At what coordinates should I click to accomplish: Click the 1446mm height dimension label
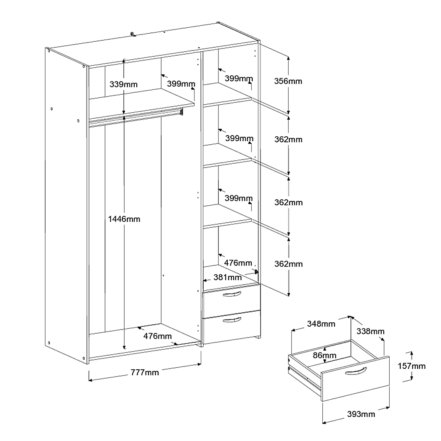point(124,219)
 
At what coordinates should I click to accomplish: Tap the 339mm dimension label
point(123,84)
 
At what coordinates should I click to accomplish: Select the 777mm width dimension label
point(145,372)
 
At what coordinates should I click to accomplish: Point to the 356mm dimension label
point(288,81)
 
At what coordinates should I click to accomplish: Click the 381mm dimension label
point(227,277)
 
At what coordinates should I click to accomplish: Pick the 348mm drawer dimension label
point(321,324)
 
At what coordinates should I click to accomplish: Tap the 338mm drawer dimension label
point(370,331)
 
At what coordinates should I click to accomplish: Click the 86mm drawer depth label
point(324,355)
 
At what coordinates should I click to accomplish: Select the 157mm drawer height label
point(412,366)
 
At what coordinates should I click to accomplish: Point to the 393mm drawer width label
point(361,414)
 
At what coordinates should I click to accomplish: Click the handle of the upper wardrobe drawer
point(232,295)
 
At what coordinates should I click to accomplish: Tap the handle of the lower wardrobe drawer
point(232,320)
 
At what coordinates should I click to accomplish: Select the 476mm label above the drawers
point(238,263)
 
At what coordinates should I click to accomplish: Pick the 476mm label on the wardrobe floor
point(158,336)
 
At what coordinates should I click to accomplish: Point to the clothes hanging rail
point(136,117)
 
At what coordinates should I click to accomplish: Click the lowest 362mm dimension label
point(288,264)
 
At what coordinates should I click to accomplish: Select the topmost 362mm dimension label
point(288,140)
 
